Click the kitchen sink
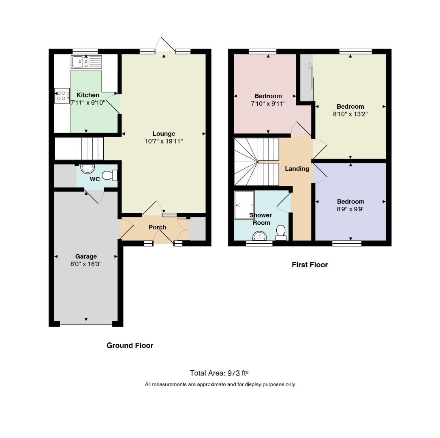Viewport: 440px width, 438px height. click(x=86, y=62)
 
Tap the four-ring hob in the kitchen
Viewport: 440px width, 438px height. click(x=62, y=96)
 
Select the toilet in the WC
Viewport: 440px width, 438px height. click(x=110, y=176)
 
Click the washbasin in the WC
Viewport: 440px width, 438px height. click(x=88, y=169)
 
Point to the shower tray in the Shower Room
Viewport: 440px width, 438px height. click(x=244, y=205)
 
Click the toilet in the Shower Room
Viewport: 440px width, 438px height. click(x=281, y=233)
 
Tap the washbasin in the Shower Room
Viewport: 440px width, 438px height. click(x=260, y=236)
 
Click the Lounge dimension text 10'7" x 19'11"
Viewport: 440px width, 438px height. click(x=164, y=141)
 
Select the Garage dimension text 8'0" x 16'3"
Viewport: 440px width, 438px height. click(x=86, y=264)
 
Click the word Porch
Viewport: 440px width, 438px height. click(x=158, y=227)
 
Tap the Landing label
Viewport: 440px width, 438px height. click(x=297, y=169)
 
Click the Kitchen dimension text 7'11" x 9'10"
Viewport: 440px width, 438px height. click(x=88, y=103)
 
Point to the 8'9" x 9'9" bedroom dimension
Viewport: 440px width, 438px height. click(x=351, y=209)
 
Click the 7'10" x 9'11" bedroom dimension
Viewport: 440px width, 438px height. click(x=268, y=104)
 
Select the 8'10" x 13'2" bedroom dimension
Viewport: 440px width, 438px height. click(x=350, y=114)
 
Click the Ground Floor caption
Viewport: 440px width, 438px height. click(x=130, y=345)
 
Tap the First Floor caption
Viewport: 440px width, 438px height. click(x=310, y=265)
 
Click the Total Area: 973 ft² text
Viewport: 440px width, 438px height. click(x=219, y=373)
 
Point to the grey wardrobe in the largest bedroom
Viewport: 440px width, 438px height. click(x=307, y=77)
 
